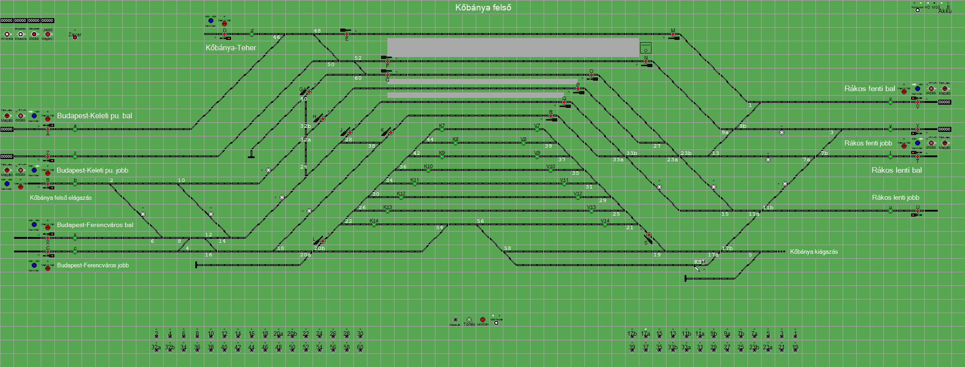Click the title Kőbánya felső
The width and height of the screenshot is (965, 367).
point(483,8)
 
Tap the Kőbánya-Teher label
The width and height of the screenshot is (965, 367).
point(231,48)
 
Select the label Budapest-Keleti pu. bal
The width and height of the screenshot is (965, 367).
point(94,116)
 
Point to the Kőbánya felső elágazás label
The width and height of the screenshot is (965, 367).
point(61,198)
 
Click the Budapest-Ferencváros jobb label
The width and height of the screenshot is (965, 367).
point(92,265)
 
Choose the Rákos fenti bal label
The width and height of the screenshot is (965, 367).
point(869,89)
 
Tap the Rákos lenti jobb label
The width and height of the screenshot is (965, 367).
point(895,198)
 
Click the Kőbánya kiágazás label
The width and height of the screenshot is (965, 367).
point(814,251)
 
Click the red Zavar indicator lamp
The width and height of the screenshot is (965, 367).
point(75,37)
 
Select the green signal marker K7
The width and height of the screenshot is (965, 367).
point(442,129)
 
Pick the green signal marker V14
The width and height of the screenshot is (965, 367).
point(605,224)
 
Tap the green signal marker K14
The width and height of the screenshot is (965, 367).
point(374,224)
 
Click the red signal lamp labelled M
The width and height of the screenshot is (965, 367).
point(673,34)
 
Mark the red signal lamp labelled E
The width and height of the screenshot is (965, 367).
point(347,34)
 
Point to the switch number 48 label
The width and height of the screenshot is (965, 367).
point(317,31)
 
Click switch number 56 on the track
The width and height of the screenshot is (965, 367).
point(480,222)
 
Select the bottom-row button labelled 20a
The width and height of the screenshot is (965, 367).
point(279,336)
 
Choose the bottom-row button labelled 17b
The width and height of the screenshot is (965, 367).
point(632,336)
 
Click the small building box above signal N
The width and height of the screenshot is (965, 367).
point(646,48)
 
